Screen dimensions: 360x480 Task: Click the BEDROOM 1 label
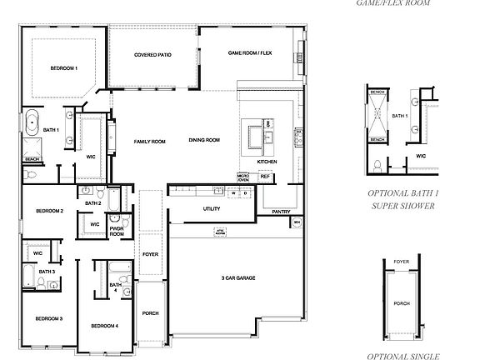coord(64,68)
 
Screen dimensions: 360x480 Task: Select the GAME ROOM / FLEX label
coord(251,53)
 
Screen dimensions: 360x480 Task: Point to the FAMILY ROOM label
coord(150,142)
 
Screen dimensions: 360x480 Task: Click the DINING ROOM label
coord(204,140)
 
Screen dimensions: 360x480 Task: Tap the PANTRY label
coord(281,212)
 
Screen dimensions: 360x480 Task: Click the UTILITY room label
coord(212,208)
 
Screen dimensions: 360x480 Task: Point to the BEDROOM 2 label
coord(50,212)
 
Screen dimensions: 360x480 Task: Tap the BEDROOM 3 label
coord(48,318)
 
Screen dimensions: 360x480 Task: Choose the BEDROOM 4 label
coord(104,325)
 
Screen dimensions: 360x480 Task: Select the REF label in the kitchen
coord(265,177)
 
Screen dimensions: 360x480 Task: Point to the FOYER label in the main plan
coord(150,254)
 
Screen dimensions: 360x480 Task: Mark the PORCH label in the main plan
coord(150,314)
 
